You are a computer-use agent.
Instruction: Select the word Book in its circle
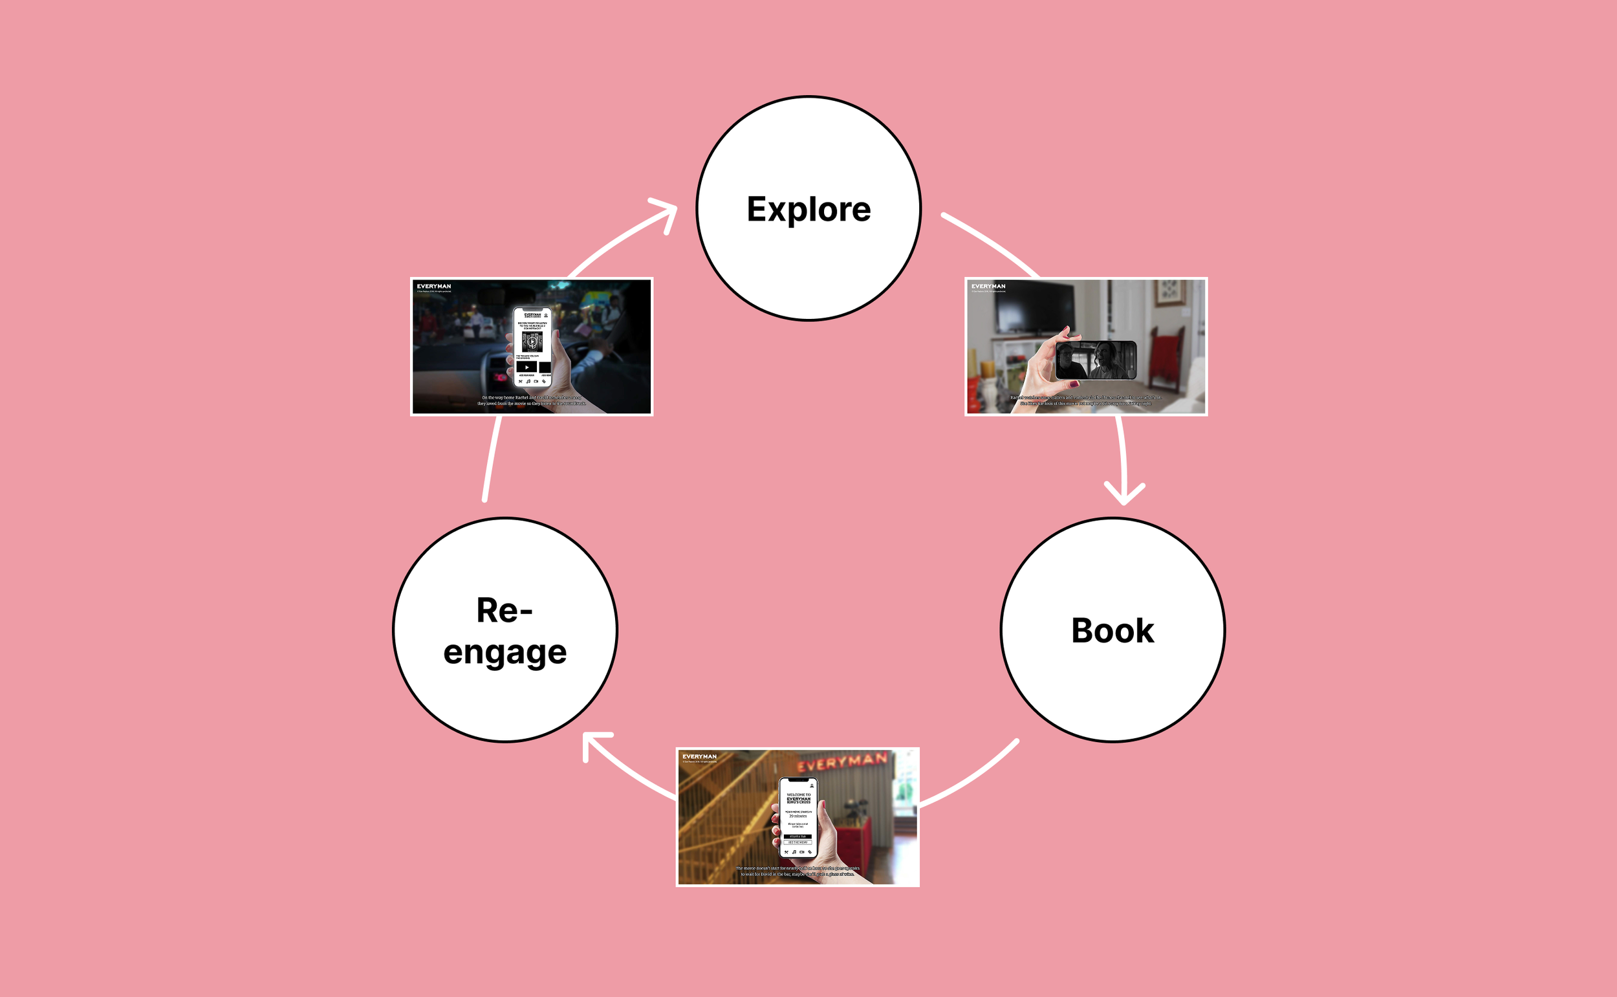(x=1112, y=631)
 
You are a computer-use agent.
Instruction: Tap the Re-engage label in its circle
(x=505, y=631)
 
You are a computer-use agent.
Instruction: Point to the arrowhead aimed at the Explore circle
(x=667, y=212)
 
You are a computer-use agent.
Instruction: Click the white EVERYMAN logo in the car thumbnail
(x=434, y=287)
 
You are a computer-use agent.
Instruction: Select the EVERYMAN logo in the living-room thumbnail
(x=988, y=287)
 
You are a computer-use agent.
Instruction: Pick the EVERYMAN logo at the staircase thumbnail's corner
(x=699, y=756)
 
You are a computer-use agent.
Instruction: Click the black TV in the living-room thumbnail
(x=1034, y=307)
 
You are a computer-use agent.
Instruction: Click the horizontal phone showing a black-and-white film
(x=1095, y=360)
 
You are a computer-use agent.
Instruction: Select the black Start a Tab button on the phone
(x=798, y=836)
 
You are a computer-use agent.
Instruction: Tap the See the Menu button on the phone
(x=798, y=842)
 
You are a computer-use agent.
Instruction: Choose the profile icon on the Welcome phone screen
(x=812, y=785)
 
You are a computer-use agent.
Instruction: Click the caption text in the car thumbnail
(x=531, y=400)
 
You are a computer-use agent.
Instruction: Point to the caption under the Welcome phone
(x=797, y=871)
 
